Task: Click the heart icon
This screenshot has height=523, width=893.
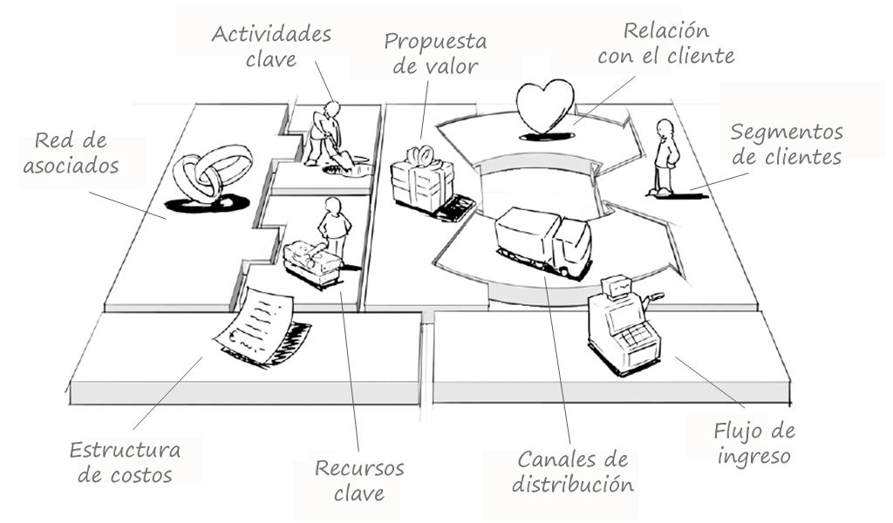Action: (545, 106)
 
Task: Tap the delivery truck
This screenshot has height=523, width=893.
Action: (543, 241)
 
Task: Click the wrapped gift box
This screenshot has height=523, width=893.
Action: (423, 181)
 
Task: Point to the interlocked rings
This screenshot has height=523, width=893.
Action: (211, 173)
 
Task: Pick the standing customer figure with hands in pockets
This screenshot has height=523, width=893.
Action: (664, 157)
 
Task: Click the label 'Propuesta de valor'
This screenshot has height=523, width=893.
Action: (436, 54)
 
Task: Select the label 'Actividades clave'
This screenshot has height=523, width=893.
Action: (271, 46)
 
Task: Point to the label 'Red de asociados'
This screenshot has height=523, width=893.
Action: (72, 153)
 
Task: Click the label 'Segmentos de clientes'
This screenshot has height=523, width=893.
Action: (787, 144)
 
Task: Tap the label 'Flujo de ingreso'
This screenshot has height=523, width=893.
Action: (754, 444)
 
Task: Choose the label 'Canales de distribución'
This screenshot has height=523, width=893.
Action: (573, 472)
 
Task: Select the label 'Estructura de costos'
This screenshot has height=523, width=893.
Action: (126, 462)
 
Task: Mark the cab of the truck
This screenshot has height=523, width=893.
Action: (571, 247)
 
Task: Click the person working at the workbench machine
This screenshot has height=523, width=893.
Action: (333, 226)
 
